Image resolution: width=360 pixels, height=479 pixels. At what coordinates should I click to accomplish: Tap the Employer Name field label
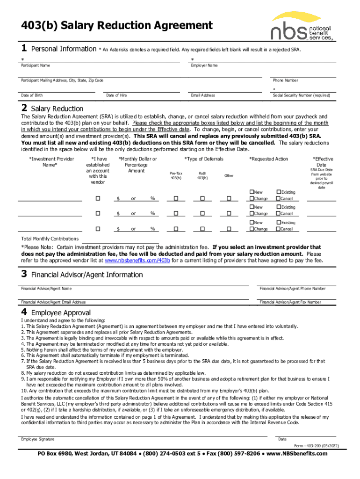[x=204, y=65]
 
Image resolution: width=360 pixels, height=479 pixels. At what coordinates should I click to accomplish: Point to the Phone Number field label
[x=286, y=80]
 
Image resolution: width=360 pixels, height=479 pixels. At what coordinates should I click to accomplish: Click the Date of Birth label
[x=32, y=95]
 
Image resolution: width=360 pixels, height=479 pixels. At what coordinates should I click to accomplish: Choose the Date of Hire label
[x=116, y=95]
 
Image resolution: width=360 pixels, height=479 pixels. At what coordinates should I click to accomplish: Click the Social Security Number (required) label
[x=302, y=95]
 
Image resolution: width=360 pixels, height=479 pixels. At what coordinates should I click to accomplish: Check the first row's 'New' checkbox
[x=252, y=192]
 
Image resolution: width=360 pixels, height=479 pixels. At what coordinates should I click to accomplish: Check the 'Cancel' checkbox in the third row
[x=278, y=229]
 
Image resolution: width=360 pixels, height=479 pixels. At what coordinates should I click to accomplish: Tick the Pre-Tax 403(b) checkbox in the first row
[x=176, y=199]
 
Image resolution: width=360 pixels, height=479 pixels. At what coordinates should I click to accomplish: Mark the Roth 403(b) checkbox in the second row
[x=202, y=214]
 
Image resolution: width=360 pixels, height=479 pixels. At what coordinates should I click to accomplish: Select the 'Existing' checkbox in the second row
[x=278, y=207]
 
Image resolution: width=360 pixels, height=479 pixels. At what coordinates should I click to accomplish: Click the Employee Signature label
[x=38, y=439]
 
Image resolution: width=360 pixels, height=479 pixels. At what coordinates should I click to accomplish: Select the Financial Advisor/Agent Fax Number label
[x=290, y=302]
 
